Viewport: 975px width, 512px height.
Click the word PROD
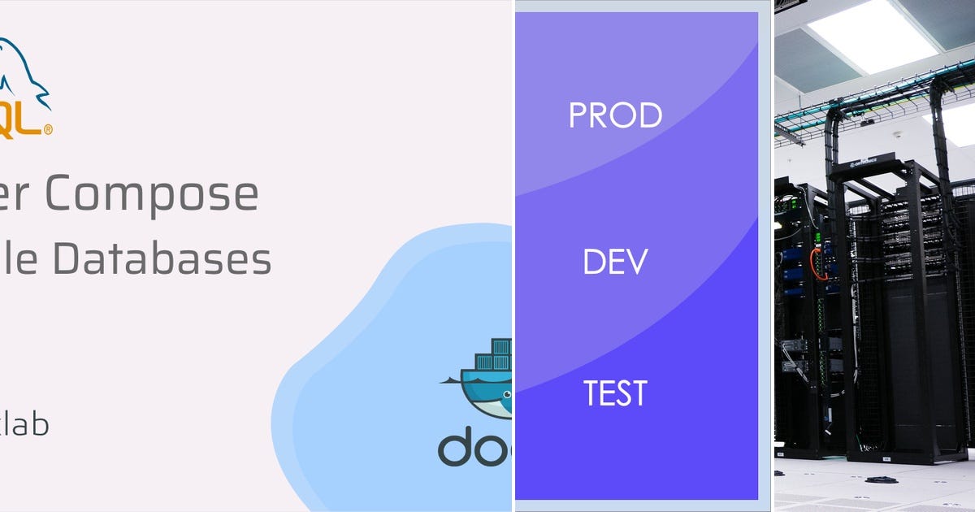[615, 115]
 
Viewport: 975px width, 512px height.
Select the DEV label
[615, 262]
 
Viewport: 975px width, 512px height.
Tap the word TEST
[615, 393]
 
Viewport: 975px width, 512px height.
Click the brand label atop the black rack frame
[870, 167]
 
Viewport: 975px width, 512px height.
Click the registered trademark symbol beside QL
[49, 129]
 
